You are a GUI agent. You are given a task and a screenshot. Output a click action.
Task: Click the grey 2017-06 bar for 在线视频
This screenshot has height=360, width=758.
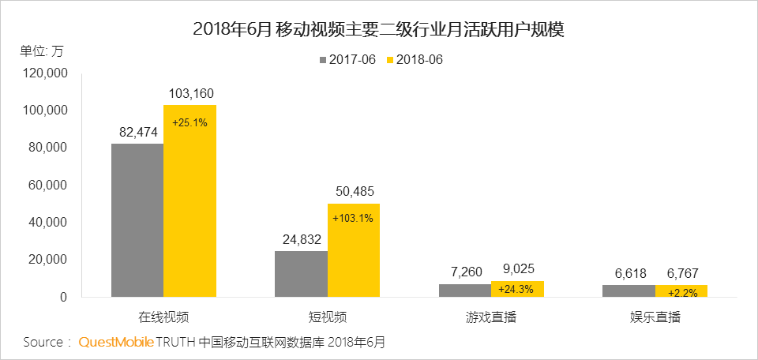tap(137, 220)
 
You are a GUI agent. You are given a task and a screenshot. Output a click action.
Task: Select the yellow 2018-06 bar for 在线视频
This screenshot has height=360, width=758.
tap(189, 201)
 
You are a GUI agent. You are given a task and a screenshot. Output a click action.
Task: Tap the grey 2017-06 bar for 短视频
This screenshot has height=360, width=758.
tap(301, 274)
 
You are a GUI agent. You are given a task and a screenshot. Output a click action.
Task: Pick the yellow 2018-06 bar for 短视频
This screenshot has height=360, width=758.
tap(353, 250)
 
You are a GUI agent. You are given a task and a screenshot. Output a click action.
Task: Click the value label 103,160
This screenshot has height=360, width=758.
tap(190, 94)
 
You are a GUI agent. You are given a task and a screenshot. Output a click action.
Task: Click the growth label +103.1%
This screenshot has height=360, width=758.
tap(353, 218)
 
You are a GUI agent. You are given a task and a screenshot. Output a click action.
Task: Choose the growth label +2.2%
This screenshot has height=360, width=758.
tap(681, 293)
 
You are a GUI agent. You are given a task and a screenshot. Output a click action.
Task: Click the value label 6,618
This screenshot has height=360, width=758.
tap(629, 274)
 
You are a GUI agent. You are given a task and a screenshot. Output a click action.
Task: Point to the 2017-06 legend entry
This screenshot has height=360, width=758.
tap(347, 60)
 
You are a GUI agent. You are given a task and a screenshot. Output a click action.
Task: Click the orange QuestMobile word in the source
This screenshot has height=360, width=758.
tap(114, 342)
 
